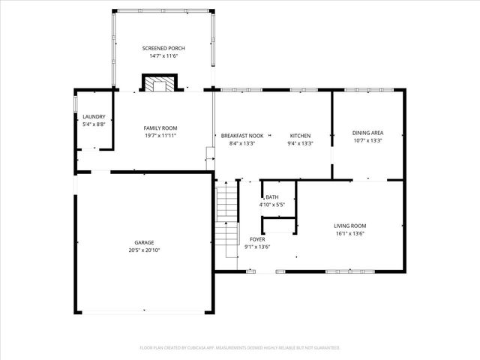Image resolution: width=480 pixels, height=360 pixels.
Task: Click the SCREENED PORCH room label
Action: click(x=163, y=48)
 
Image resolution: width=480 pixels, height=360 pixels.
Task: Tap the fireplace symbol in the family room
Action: click(x=159, y=83)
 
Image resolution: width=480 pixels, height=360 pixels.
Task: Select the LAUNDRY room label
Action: click(x=94, y=116)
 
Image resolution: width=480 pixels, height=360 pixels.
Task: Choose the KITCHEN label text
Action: click(x=300, y=136)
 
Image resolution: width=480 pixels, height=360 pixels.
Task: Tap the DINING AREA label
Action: click(x=367, y=132)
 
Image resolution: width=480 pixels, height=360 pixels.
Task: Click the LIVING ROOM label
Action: click(x=349, y=225)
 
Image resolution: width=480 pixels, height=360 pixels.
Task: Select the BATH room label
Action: click(x=271, y=196)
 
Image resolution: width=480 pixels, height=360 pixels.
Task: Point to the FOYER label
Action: click(x=257, y=239)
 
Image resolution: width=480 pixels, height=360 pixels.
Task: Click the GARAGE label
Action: click(x=145, y=242)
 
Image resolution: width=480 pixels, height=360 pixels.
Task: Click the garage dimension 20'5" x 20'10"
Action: click(x=145, y=250)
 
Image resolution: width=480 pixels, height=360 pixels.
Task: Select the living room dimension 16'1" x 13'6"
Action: click(x=349, y=232)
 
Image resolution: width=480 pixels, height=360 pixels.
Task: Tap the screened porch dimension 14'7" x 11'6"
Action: click(x=163, y=55)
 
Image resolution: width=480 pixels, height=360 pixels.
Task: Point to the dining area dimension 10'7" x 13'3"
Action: click(x=367, y=139)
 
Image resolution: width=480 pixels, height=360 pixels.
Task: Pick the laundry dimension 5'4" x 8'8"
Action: click(x=94, y=124)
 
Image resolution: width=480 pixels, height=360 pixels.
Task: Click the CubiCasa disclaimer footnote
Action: click(x=240, y=347)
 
